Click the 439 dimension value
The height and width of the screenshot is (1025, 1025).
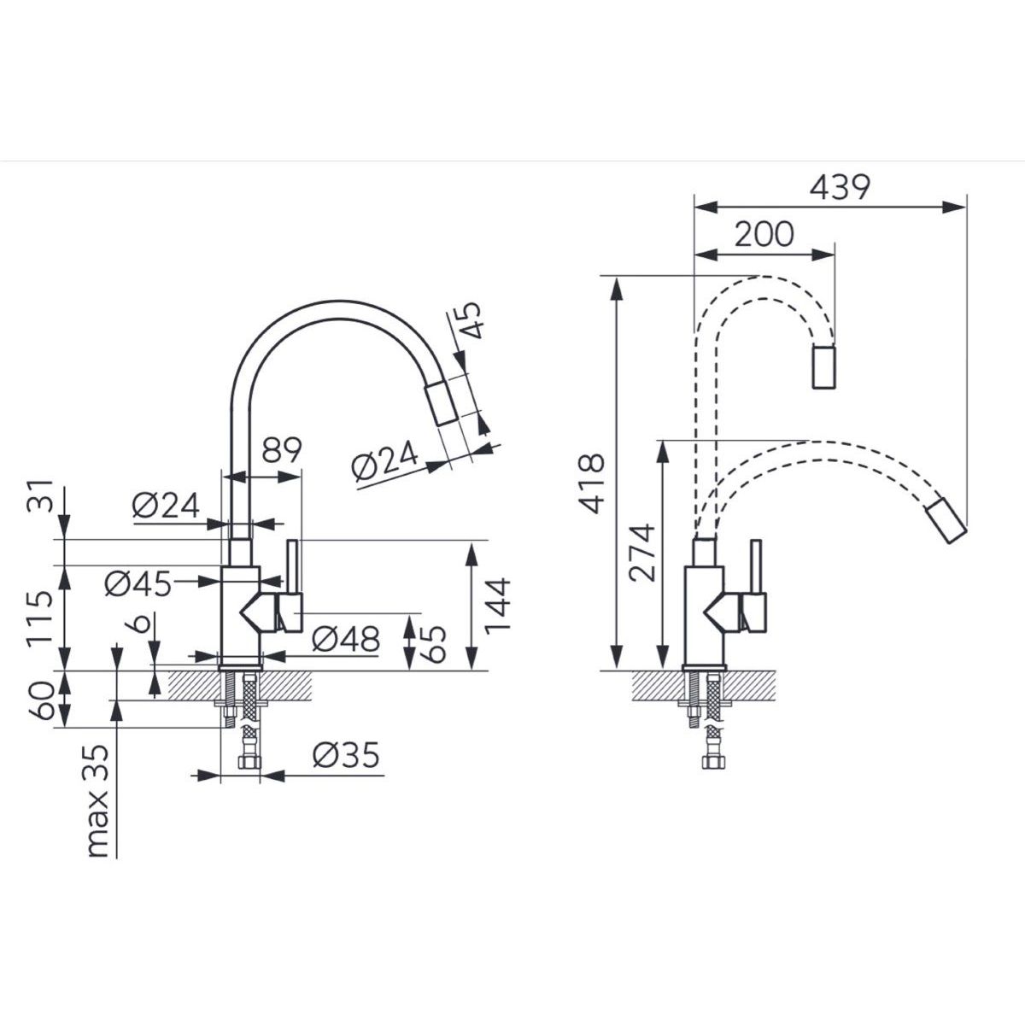coord(840,187)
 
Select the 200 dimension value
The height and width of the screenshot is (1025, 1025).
coord(764,234)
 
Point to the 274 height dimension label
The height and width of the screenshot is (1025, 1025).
coord(641,552)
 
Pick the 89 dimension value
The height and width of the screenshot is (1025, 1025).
coord(282,450)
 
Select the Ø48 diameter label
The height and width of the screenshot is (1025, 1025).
coord(346,639)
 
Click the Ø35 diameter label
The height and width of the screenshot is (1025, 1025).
coord(346,755)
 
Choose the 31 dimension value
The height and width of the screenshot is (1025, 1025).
coord(40,495)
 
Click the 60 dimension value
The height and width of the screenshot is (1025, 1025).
coord(40,700)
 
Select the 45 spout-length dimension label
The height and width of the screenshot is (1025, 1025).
coord(469,320)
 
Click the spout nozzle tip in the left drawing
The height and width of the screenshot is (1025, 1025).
coord(441,406)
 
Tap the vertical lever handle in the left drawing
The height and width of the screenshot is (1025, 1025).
coord(293,567)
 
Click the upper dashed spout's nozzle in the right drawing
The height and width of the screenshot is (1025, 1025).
coord(824,367)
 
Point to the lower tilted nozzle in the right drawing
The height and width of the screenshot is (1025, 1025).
coord(946,521)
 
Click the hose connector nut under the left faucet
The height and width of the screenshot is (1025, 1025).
coord(249,763)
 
